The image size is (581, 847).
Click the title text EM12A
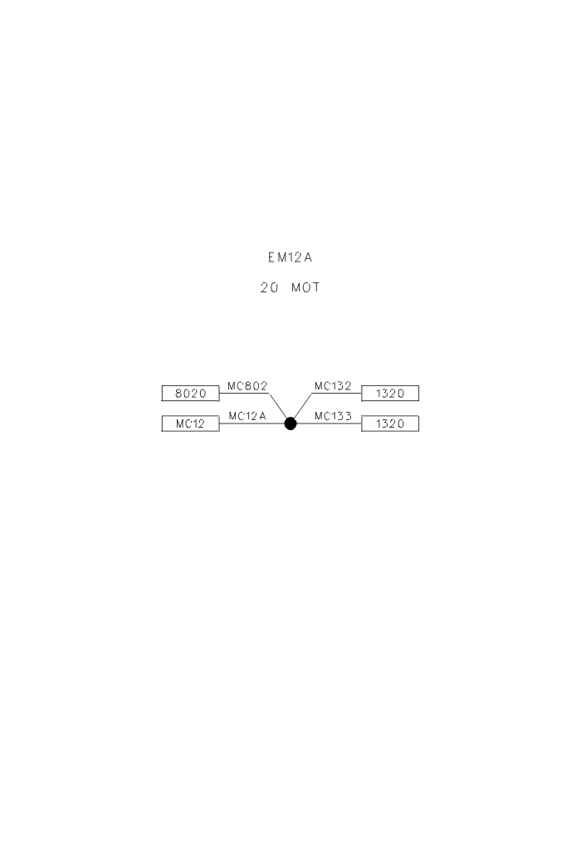point(290,257)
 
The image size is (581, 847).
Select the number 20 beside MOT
point(270,288)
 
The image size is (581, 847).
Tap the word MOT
point(305,288)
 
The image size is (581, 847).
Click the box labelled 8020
point(191,394)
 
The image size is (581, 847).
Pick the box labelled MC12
point(191,423)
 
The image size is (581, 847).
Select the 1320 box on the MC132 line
point(390,394)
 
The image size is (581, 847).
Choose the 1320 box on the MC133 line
point(390,423)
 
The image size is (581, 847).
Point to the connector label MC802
point(247,386)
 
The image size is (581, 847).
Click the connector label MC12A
point(247,416)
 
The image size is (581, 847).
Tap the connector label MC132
point(333,386)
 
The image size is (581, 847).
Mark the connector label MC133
point(333,416)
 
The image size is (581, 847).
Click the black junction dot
point(290,423)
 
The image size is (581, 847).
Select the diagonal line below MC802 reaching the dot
point(278,406)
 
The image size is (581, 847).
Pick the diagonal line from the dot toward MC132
point(303,406)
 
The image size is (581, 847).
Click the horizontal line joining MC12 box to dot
point(251,423)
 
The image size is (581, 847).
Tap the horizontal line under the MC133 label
point(329,423)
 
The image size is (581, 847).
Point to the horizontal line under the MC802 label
point(244,394)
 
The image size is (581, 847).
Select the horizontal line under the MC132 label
point(336,394)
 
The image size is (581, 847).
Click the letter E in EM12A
point(271,257)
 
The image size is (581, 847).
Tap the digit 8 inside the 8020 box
point(178,394)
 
